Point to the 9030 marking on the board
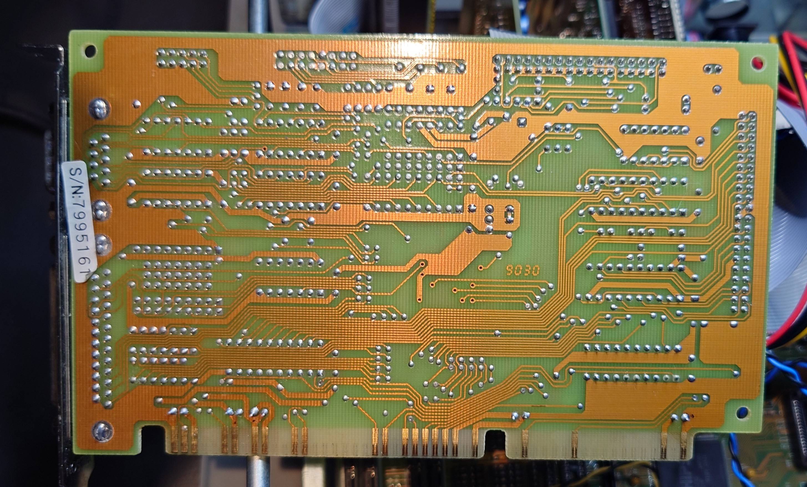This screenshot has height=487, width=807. [x=522, y=270]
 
